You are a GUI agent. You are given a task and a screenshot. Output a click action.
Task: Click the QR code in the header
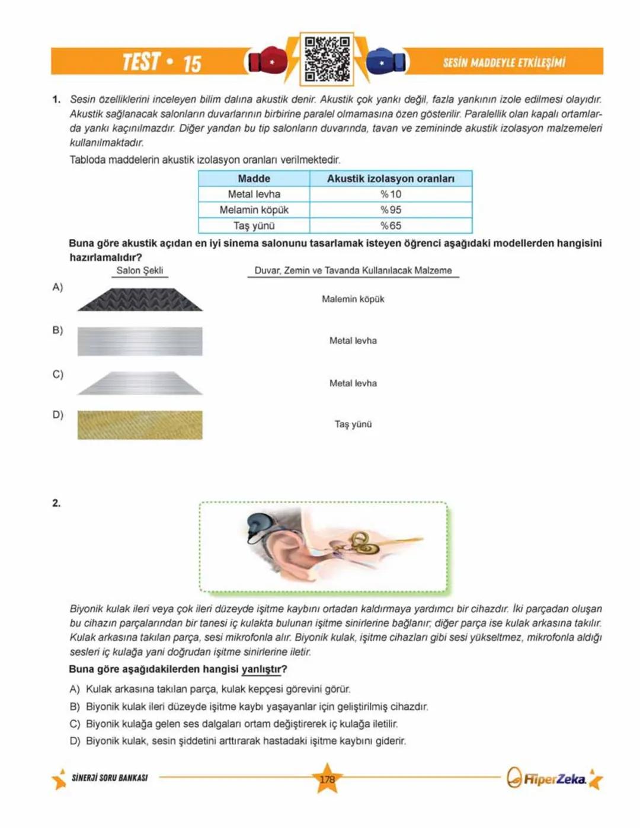[327, 59]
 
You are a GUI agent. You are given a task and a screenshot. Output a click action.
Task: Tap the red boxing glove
[267, 60]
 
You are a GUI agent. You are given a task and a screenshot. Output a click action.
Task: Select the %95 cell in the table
[391, 210]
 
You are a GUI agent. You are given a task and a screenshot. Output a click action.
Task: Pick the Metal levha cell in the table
[254, 194]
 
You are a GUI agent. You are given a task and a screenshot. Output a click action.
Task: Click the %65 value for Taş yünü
[391, 226]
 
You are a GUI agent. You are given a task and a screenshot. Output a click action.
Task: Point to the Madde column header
[254, 178]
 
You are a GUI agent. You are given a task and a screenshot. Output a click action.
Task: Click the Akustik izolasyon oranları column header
[391, 178]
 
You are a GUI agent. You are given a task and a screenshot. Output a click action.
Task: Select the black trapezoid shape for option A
[140, 300]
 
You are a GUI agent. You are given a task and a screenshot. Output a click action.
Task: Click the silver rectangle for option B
[140, 341]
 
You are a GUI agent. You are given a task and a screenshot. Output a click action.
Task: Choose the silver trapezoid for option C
[140, 383]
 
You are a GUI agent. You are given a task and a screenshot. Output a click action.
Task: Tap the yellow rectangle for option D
[140, 425]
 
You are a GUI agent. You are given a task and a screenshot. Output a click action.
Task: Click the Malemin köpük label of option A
[353, 299]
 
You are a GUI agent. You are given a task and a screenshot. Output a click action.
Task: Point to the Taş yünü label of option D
[353, 424]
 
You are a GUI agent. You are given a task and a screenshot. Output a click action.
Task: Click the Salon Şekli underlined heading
[140, 270]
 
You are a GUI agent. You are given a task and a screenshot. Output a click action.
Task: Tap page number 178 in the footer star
[327, 779]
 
